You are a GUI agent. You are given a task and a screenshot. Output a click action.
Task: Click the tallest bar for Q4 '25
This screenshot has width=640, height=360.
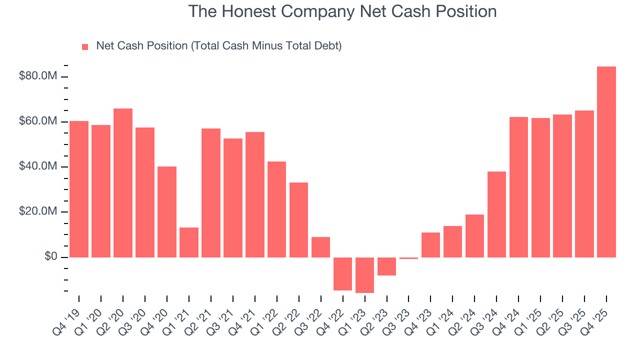click(x=606, y=161)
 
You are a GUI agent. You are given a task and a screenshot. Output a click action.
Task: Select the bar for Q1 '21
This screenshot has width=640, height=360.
click(x=188, y=242)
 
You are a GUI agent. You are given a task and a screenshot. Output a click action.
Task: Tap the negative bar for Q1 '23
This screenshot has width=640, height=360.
click(x=364, y=275)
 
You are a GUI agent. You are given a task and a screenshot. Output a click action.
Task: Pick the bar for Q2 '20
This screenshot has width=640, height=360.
click(x=122, y=182)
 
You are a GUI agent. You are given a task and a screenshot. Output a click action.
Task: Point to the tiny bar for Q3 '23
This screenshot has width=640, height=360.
click(x=408, y=258)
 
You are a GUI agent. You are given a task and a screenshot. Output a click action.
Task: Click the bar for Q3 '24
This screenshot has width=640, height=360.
click(x=496, y=214)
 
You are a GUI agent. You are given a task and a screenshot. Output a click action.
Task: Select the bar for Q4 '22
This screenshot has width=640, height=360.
click(x=342, y=273)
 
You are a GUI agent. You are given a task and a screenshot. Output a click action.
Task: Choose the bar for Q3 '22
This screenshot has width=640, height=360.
click(x=320, y=247)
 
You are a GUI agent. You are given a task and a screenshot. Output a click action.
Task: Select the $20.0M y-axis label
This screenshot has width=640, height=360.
click(x=37, y=211)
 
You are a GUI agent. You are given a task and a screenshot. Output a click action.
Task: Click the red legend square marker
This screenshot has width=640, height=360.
click(x=85, y=46)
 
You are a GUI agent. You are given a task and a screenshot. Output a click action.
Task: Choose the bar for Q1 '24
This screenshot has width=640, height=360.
click(x=452, y=241)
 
